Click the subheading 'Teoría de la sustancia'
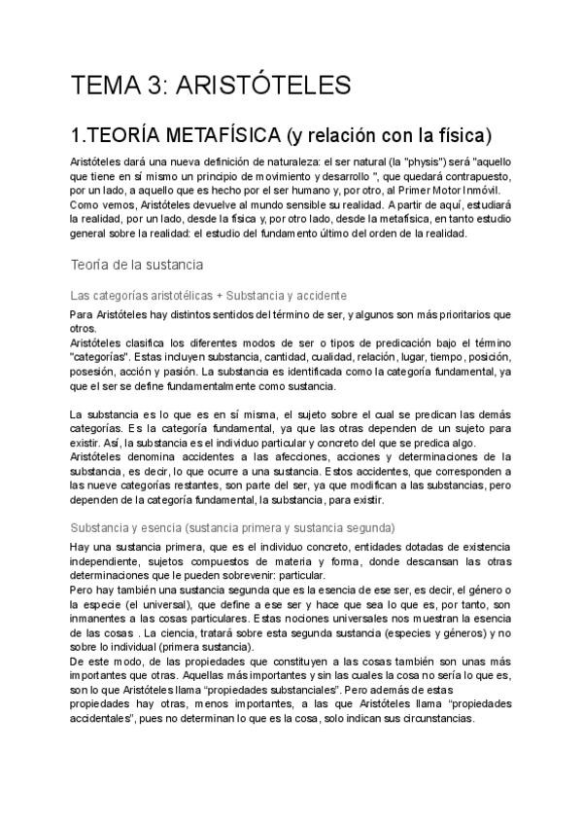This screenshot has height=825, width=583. pyautogui.click(x=136, y=264)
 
